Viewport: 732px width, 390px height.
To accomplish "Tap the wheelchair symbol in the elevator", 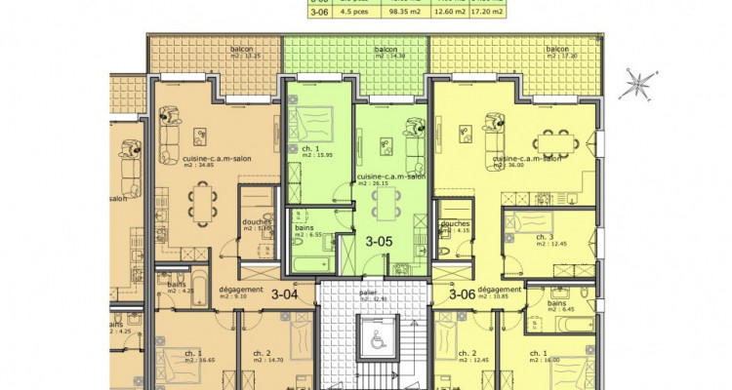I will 374,339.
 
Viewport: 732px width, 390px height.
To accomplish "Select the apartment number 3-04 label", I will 284,293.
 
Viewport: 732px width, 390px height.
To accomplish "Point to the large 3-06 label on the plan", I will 462,293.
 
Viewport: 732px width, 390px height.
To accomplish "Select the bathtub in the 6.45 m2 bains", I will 564,293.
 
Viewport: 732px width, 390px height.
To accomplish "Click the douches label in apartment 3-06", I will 456,223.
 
